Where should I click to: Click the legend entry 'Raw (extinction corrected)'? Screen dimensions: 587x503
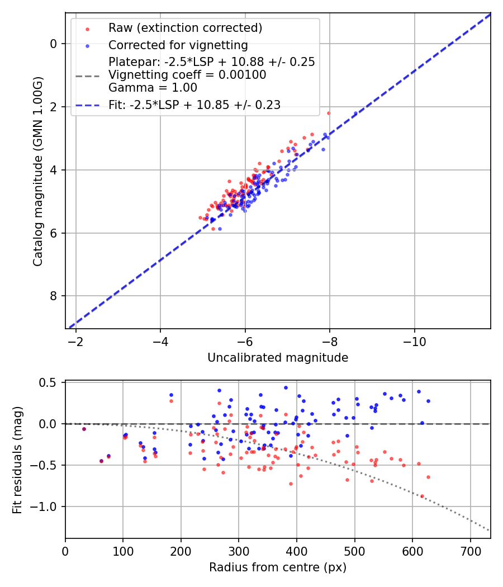[185, 28]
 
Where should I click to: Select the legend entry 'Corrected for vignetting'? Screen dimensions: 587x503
[178, 45]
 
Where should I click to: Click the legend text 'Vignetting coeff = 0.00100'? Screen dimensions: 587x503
[187, 75]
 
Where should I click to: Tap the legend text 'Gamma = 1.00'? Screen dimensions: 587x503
[153, 88]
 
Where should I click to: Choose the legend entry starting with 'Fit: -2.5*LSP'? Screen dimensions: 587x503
[194, 105]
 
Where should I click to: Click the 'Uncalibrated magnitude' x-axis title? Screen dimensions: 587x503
[278, 358]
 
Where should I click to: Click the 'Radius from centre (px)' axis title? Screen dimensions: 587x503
[278, 567]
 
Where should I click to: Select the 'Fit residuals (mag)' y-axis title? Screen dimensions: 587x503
[18, 460]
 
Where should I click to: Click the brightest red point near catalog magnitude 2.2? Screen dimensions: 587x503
[329, 113]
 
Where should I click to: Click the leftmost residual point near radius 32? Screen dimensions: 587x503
[84, 429]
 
